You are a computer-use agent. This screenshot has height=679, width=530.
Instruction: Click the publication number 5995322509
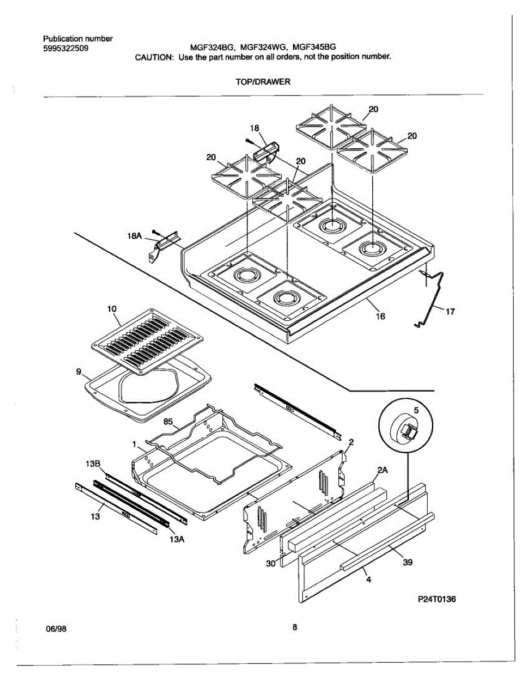pos(65,48)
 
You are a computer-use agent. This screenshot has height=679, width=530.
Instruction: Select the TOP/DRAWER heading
pos(263,81)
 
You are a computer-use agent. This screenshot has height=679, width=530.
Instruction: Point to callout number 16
pos(381,316)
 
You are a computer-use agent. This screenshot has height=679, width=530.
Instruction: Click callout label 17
pos(450,311)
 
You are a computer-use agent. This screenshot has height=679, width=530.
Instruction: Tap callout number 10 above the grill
pos(112,309)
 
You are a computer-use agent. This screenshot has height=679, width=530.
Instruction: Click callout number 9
pos(79,372)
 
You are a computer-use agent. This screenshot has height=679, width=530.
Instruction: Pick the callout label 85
pos(168,421)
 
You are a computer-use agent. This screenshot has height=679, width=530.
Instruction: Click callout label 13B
pos(93,465)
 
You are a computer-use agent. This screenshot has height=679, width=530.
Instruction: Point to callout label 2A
pos(382,470)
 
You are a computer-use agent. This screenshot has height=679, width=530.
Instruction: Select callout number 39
pos(407,562)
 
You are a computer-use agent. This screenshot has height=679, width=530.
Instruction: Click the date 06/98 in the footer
pos(56,628)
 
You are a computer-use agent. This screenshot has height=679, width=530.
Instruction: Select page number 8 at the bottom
pos(295,627)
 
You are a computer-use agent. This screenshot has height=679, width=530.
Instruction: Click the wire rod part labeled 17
pos(434,297)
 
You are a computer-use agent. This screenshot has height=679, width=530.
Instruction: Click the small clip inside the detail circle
pos(406,432)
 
